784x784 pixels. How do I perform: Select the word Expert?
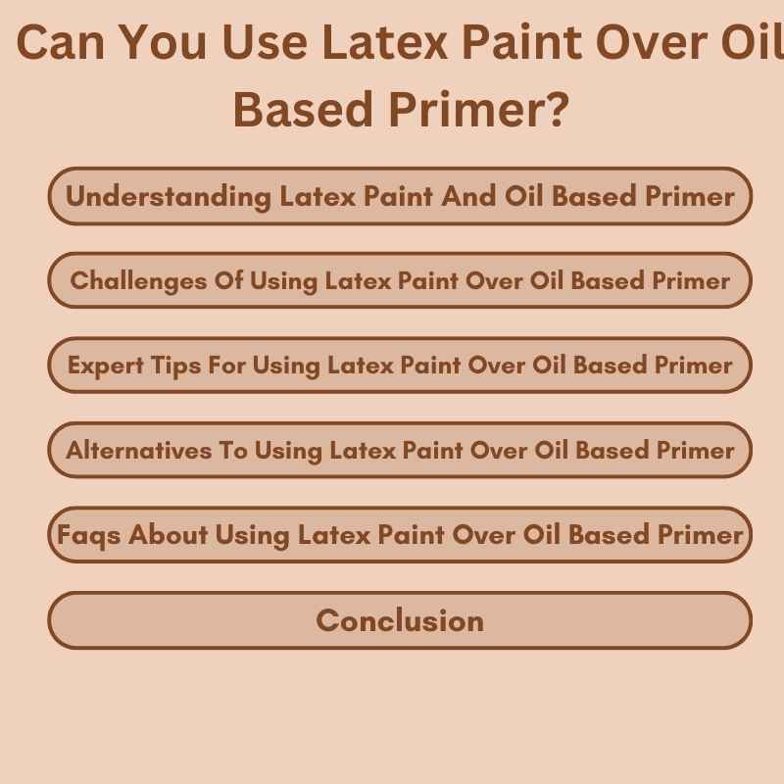pos(104,366)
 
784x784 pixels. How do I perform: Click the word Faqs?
pos(89,535)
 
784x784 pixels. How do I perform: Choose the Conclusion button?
pos(400,620)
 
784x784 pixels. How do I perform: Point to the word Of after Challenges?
pos(228,281)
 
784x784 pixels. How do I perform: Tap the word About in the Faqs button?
pos(169,535)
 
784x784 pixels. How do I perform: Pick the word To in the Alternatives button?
pos(232,451)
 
